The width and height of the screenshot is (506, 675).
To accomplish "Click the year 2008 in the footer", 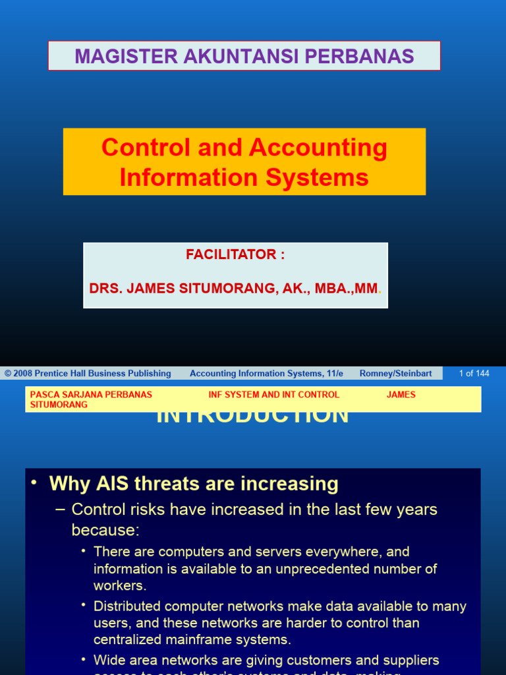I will click(x=24, y=374).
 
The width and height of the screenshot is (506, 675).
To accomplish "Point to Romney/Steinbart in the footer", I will click(x=395, y=374).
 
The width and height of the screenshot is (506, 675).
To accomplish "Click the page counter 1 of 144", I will click(x=474, y=374).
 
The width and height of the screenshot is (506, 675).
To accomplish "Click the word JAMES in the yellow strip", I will click(x=401, y=395).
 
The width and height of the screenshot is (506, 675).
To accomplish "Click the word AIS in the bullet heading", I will click(x=109, y=484).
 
